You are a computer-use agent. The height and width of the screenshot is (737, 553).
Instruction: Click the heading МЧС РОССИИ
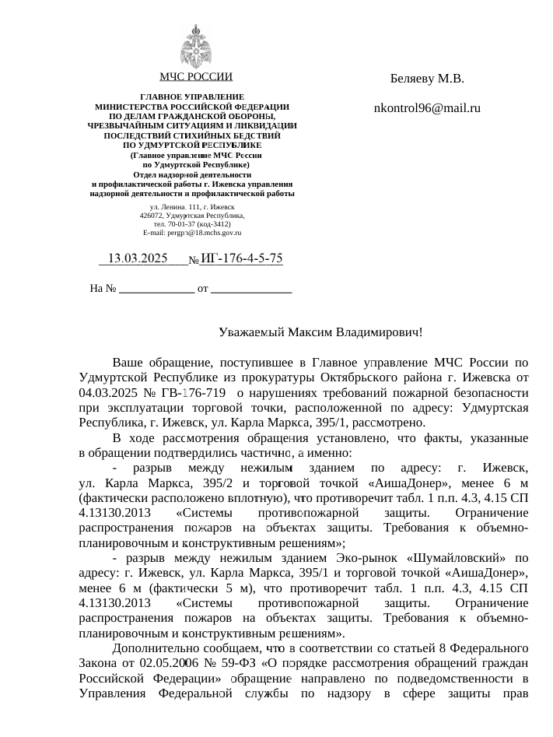tap(195, 77)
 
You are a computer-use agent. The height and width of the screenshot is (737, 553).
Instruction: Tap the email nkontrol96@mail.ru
tap(427, 108)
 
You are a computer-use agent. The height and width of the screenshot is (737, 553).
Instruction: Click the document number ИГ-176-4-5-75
tap(241, 258)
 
